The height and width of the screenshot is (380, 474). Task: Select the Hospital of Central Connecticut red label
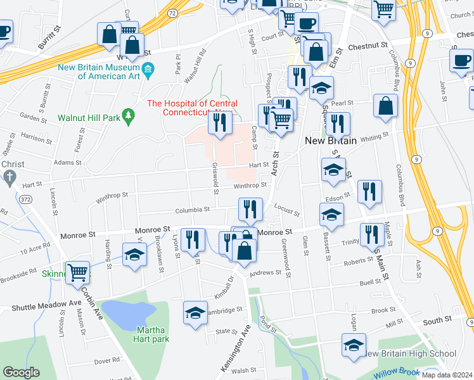192,108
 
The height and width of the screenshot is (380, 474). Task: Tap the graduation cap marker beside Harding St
134,256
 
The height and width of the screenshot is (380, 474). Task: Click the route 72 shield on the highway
172,13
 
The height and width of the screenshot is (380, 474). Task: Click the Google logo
22,372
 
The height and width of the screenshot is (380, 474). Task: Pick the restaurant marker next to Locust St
251,208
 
